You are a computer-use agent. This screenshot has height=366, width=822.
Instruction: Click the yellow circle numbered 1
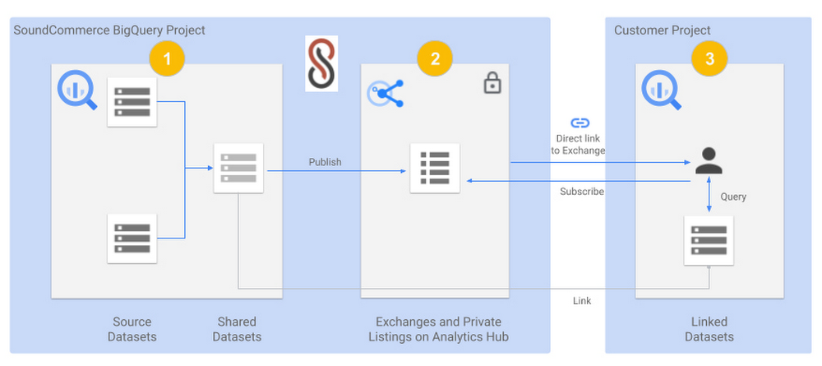point(167,58)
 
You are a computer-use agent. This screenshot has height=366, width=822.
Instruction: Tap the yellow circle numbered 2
point(435,58)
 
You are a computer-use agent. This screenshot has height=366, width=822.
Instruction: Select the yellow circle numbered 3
point(709,58)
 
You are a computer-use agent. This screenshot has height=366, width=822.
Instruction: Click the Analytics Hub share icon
point(386,94)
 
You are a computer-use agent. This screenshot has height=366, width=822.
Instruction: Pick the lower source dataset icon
point(132,238)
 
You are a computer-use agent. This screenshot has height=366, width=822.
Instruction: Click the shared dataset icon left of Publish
point(238,169)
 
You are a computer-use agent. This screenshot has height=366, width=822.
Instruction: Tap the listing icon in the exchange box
point(435,169)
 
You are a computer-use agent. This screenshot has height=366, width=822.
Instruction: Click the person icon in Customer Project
point(709,160)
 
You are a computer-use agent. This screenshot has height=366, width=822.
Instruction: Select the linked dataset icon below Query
point(709,240)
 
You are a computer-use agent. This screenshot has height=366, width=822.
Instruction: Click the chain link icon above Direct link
point(580,123)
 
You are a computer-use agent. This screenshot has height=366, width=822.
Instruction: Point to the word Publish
point(325,162)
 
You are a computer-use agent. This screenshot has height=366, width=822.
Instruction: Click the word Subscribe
point(582,192)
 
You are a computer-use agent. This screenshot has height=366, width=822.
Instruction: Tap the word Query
point(733,197)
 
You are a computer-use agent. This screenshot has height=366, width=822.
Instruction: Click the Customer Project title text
point(663,30)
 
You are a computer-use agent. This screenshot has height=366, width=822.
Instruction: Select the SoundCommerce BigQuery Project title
point(109,30)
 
